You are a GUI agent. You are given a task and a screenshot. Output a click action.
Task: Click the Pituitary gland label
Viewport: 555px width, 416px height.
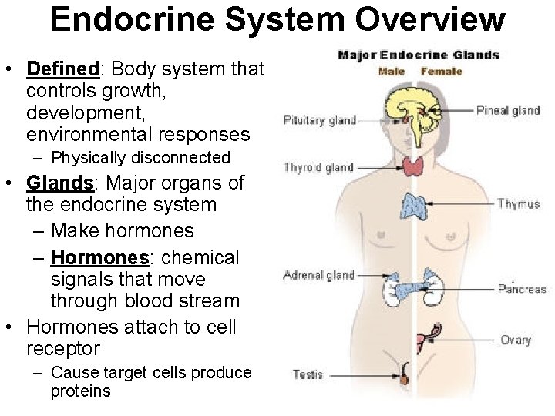(x=320, y=120)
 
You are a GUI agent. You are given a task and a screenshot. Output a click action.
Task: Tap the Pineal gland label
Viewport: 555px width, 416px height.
(x=508, y=110)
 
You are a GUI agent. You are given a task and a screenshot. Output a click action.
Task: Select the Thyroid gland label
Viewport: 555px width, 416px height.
(x=318, y=167)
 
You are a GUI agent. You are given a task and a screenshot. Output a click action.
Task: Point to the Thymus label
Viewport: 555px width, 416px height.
(x=518, y=204)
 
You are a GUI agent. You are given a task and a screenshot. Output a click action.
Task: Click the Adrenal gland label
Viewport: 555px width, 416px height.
(x=318, y=275)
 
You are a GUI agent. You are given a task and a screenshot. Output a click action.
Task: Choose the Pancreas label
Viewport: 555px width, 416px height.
(x=521, y=289)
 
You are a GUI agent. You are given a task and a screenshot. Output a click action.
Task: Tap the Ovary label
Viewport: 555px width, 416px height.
(x=516, y=340)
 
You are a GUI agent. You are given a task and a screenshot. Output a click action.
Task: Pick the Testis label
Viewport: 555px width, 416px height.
(x=308, y=374)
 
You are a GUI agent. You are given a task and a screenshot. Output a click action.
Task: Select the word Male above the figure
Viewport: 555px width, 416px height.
(x=392, y=72)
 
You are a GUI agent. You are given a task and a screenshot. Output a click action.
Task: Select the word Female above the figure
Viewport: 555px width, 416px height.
(x=442, y=72)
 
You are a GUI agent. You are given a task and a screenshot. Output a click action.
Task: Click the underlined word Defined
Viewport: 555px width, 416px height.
(x=63, y=69)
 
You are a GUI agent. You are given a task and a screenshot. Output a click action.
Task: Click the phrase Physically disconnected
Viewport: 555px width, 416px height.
(x=140, y=158)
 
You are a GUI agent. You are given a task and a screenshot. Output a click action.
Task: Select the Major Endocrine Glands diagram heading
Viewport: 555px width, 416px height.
(x=419, y=55)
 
